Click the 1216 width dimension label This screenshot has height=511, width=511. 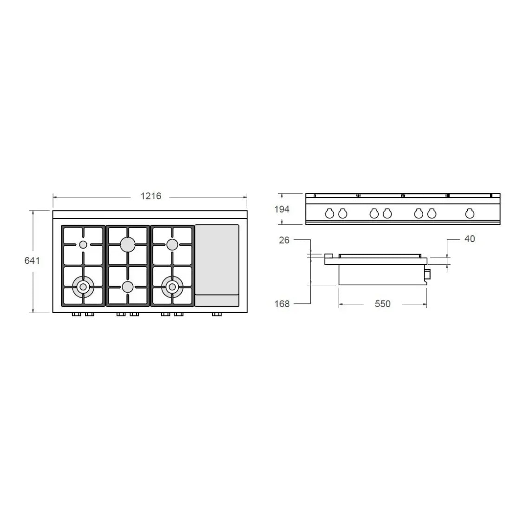(x=151, y=196)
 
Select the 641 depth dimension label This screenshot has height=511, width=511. (x=32, y=261)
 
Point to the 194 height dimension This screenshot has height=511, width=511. (x=282, y=209)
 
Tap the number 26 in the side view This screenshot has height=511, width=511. (x=284, y=240)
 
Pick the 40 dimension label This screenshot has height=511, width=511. (x=470, y=239)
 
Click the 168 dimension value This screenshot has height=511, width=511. (x=282, y=303)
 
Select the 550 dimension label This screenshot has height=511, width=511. (x=382, y=304)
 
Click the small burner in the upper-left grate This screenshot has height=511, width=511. (x=83, y=245)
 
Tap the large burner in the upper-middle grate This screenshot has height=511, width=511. (x=128, y=243)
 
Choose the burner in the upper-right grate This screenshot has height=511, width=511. (x=172, y=244)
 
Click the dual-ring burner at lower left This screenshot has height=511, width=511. (x=83, y=287)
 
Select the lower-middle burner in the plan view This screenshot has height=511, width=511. (x=128, y=287)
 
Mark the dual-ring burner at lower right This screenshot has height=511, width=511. (x=172, y=287)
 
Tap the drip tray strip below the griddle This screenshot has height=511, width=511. (x=217, y=300)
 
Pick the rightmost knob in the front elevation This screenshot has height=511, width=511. (x=470, y=213)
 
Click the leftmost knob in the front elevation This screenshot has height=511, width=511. (x=329, y=213)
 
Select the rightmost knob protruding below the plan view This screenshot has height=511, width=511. (x=216, y=315)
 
